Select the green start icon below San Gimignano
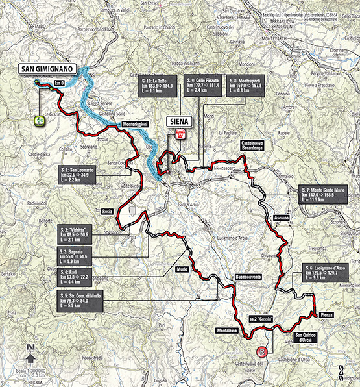click(40, 119)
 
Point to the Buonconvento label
click(249, 277)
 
